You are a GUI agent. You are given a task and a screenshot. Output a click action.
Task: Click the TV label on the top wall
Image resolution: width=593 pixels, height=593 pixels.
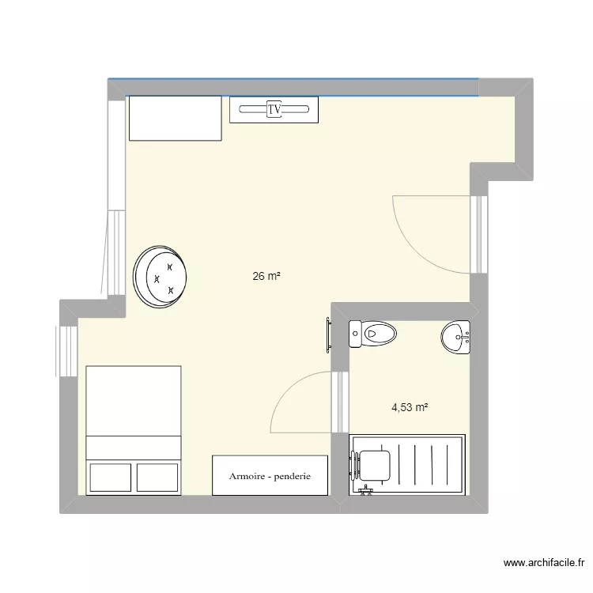pos(274,109)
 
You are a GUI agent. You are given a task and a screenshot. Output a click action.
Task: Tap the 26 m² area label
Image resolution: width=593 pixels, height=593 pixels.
pos(266,277)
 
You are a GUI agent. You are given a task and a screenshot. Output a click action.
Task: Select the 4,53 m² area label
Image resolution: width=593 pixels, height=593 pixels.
pos(410,408)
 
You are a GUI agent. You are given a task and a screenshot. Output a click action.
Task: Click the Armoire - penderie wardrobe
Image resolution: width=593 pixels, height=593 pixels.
pos(270,476)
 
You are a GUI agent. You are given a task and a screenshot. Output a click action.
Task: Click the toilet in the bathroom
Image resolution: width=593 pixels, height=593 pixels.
pos(373,334)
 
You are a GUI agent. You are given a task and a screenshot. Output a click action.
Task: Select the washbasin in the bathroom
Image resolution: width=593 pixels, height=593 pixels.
pos(455,337)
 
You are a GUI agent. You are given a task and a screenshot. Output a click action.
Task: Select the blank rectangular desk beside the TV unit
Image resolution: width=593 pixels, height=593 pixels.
pos(175,118)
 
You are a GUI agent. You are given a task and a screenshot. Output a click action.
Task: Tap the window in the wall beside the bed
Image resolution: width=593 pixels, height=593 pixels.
pos(66,352)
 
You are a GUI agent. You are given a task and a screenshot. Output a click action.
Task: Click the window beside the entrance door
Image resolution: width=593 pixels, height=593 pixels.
pos(478,233)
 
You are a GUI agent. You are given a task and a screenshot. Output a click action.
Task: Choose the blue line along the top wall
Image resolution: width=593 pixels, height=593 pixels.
pos(293,79)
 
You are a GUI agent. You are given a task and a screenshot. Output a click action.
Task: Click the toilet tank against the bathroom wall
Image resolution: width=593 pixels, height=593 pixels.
pos(355,334)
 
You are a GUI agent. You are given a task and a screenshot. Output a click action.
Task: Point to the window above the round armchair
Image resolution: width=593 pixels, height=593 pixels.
pos(115,253)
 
